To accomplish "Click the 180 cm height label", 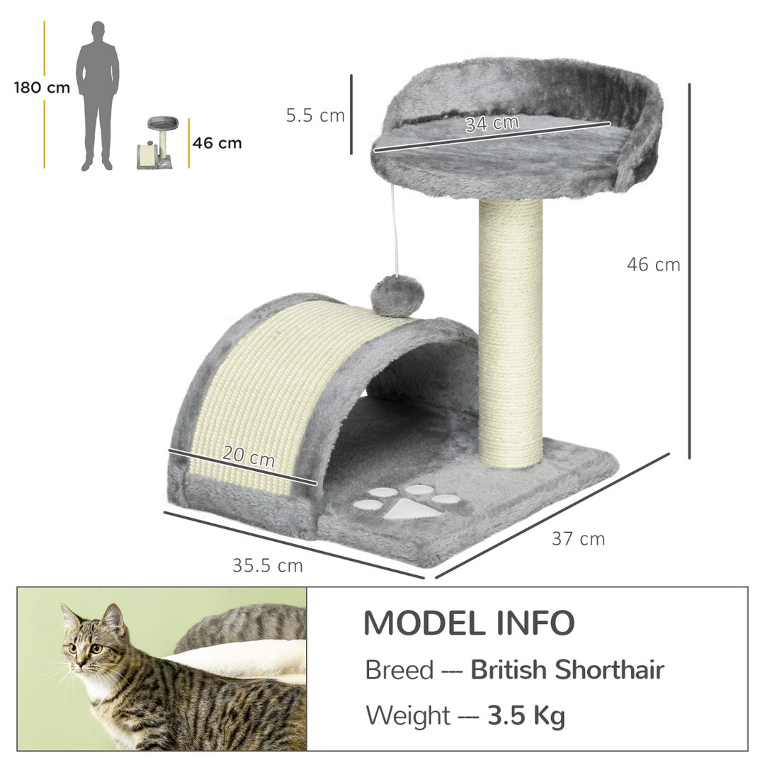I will (42, 88).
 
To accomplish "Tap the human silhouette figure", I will (98, 96).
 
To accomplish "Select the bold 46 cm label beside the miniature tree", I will (217, 143).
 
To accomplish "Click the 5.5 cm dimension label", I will (315, 115).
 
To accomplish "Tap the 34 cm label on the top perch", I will (492, 123).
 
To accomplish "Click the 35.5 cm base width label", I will (267, 565).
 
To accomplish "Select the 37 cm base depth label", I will (578, 539).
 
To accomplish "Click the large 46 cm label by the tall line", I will (653, 264).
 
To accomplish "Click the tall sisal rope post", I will (510, 333).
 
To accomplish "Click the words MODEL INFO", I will (468, 623).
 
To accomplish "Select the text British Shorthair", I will (567, 669).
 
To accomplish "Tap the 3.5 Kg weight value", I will (526, 715).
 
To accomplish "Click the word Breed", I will (399, 669).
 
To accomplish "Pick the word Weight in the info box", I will (407, 715).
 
